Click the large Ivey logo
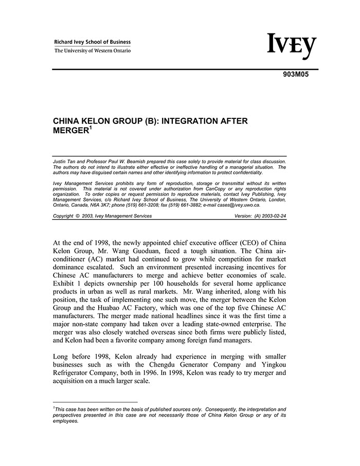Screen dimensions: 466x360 [291, 47]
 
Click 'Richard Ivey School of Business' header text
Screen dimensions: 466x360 [93, 42]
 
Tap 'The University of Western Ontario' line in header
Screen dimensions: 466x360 [93, 50]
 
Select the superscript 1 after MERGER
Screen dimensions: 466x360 [91, 128]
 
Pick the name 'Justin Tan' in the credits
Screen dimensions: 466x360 [64, 162]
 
